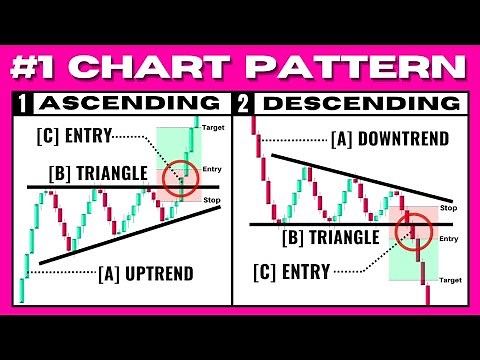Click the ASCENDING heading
point(129,102)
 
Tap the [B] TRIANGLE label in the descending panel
point(332,236)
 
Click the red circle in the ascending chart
point(181,177)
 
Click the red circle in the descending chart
point(411,232)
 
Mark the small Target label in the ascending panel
point(213,128)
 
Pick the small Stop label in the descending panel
point(448,207)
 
